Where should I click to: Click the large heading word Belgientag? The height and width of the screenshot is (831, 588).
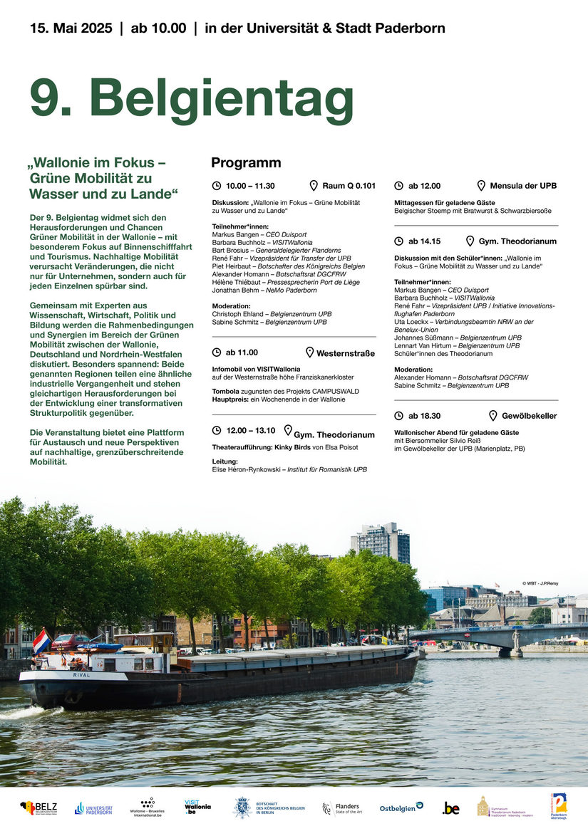coord(222,100)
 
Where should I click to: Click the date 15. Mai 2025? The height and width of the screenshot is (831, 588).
coord(71,28)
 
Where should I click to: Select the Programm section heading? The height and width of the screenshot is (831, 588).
coord(246,162)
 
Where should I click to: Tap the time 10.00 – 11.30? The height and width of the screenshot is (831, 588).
coord(250,186)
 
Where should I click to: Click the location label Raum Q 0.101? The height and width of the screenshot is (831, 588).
coord(349,186)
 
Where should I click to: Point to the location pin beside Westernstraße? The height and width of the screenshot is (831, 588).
coord(310,352)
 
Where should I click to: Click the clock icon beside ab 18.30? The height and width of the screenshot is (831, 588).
coord(398,416)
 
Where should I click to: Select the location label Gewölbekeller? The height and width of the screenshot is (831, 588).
coord(530,416)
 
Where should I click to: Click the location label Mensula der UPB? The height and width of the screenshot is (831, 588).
coord(523,186)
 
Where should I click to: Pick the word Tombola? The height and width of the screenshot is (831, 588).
coord(226,392)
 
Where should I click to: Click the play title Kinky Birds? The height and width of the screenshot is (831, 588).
coord(292,447)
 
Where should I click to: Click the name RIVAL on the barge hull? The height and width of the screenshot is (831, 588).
coord(81,675)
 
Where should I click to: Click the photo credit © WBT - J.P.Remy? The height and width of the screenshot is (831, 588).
coord(540,583)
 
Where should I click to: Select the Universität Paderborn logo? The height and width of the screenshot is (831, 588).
coord(93,808)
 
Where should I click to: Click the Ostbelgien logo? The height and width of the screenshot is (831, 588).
coord(401,808)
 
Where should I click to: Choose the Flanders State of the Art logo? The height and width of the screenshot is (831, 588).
coord(341,808)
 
